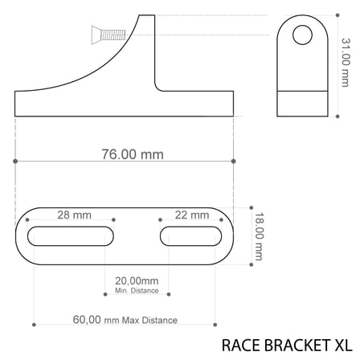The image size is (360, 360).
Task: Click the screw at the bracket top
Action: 107,34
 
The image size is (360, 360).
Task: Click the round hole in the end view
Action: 301,35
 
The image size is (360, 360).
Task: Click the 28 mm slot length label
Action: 73,215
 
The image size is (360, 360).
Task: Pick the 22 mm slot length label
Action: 190,215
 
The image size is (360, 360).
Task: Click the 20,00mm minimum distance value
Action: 137,281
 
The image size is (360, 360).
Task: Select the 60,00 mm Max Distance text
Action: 124,320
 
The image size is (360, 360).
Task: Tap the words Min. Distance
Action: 137,290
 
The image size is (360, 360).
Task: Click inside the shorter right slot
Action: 190,236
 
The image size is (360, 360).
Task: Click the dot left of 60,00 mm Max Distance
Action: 34,324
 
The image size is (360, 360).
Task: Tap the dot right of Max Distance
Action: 215,324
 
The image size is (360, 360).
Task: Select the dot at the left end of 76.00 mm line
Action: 16,161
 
